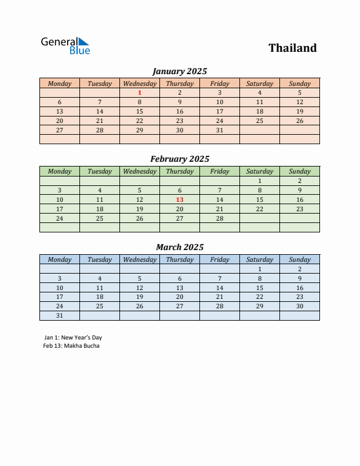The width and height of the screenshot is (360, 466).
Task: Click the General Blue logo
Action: pos(65,46)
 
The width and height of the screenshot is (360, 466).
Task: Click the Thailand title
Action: pos(292,48)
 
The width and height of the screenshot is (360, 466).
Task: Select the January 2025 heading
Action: pos(179,71)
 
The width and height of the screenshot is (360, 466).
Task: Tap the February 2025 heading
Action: pos(179,159)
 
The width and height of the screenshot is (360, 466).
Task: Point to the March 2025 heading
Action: pos(179,247)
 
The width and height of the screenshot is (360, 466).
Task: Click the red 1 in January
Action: pos(139,92)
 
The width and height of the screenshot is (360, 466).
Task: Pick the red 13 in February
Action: pos(179,199)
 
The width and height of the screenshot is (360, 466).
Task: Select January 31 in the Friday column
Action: pos(219,130)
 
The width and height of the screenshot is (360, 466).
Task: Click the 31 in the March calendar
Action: pos(59,315)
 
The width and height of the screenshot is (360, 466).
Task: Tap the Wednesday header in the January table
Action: pos(139,84)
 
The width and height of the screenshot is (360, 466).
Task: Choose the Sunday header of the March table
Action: pos(299,259)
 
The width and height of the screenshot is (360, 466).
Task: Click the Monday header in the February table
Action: pos(59,171)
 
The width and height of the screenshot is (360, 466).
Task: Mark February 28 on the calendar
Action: pos(219,218)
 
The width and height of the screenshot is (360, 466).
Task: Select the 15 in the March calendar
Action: pos(259,288)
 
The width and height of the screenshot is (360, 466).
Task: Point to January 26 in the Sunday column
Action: pos(299,121)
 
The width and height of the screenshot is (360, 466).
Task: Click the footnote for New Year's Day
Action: pos(73,338)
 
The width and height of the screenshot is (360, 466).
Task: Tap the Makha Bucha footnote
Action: pos(71,346)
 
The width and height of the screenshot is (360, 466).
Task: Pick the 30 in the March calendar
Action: pos(299,306)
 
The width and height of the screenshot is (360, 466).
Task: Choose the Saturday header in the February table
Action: pos(259,171)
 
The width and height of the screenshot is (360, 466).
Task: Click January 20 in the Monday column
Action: pos(59,121)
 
